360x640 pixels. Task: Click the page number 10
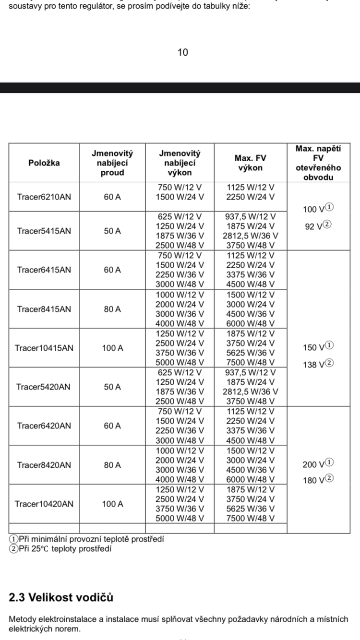tap(183, 52)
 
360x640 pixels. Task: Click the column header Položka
tap(44, 163)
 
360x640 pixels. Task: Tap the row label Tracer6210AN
tap(44, 196)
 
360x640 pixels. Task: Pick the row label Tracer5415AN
tap(44, 231)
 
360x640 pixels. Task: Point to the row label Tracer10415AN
tap(44, 348)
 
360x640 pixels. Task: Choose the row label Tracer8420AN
tap(44, 465)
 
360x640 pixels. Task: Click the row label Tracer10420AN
tap(44, 504)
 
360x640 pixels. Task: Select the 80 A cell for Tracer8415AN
tap(112, 309)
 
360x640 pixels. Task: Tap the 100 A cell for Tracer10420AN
tap(112, 504)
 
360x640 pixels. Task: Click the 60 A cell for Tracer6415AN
tap(112, 270)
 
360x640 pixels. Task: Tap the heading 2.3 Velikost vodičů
tap(61, 597)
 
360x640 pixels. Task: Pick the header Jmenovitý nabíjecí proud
tap(112, 163)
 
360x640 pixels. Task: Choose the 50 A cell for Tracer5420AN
tap(112, 387)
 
